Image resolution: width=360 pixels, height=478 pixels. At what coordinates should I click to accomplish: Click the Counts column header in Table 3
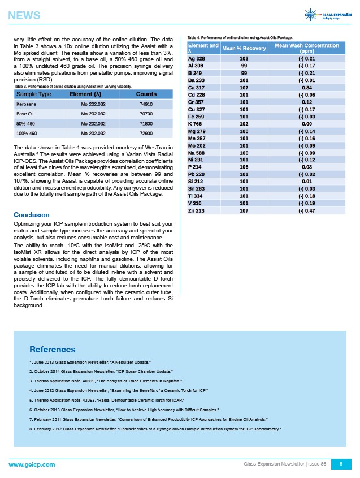coord(146,94)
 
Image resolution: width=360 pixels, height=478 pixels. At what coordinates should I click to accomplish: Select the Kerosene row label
coord(27,105)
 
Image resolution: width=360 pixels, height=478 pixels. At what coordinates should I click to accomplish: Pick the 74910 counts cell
coord(146,105)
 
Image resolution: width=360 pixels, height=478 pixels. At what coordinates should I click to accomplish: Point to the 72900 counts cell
coord(146,133)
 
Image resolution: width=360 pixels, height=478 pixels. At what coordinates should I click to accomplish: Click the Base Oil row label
coord(26,114)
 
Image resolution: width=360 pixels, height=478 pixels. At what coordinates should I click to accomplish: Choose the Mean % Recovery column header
coord(245,48)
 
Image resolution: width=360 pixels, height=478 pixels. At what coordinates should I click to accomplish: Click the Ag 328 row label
coord(196,58)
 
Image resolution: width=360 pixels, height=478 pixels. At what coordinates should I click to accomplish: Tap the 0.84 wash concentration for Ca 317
coord(307,88)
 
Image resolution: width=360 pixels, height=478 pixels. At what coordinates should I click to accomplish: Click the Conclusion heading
coord(31,215)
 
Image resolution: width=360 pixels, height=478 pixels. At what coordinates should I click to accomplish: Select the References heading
coord(52,350)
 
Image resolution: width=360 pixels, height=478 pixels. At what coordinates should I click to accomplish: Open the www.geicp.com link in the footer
coord(32,464)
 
